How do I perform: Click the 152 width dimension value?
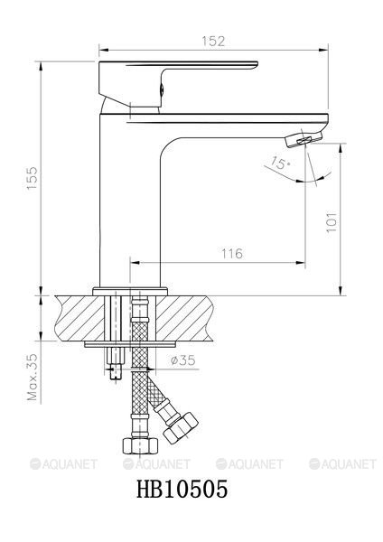(213, 42)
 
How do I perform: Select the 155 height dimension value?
(33, 178)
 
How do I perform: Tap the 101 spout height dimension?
(332, 222)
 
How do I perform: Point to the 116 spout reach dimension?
(232, 254)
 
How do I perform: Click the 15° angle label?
(280, 163)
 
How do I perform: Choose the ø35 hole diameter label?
(182, 360)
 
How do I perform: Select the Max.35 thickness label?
(33, 377)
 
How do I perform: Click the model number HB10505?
(182, 489)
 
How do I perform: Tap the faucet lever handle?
(178, 83)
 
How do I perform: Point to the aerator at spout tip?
(304, 140)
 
